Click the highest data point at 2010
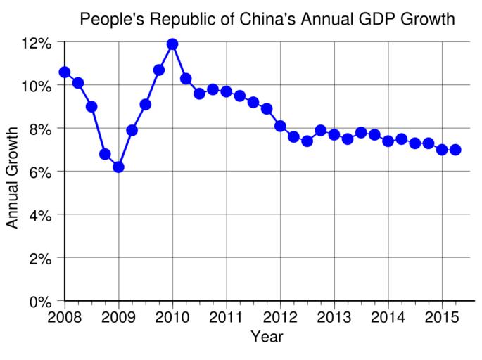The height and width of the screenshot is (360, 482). [172, 44]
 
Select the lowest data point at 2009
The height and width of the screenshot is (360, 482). [118, 167]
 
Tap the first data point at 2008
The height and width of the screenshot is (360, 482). [65, 72]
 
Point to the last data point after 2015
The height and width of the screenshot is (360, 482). [455, 150]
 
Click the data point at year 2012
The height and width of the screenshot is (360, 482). [280, 126]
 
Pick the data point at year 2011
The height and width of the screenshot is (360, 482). [226, 91]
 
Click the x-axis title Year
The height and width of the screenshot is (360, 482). [267, 337]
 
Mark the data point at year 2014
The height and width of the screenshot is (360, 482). [388, 141]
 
